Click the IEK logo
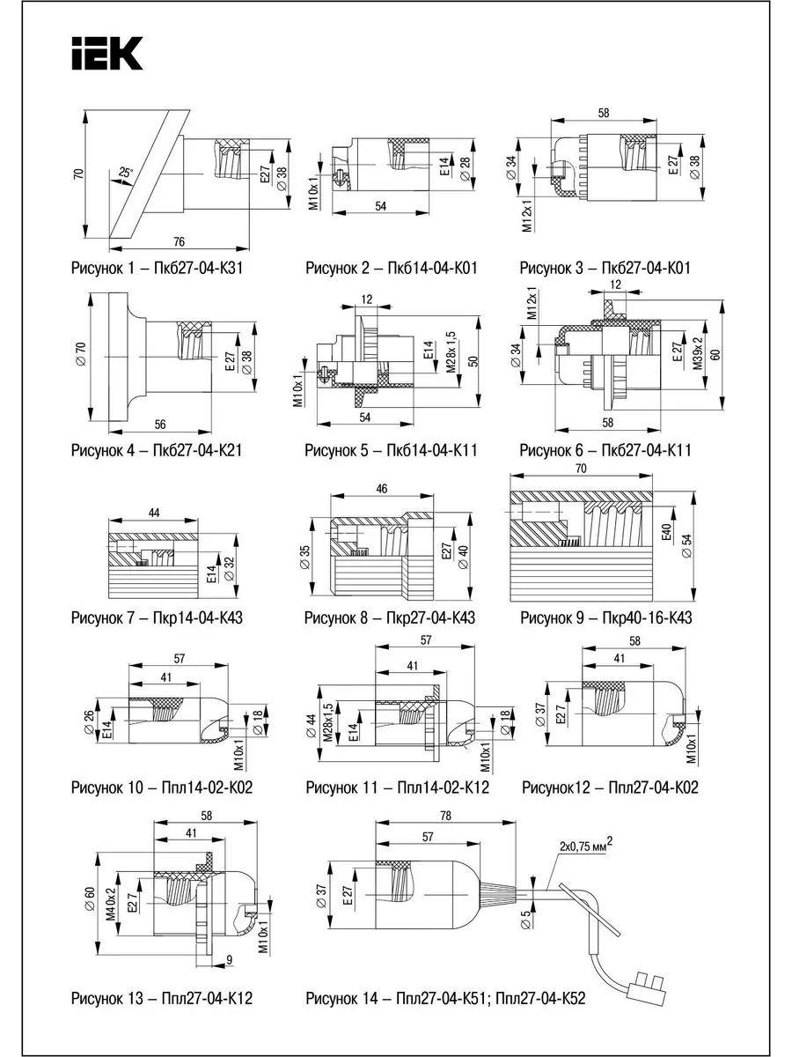(x=107, y=54)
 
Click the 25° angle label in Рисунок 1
(x=125, y=172)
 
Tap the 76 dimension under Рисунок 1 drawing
(x=179, y=241)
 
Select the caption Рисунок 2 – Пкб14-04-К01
(x=392, y=269)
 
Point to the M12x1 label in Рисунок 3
(x=528, y=216)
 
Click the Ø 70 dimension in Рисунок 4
(x=81, y=353)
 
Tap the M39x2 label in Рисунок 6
(x=698, y=353)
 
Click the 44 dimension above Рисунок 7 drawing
(x=153, y=513)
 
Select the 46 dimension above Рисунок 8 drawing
(x=381, y=488)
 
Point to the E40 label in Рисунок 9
(x=666, y=532)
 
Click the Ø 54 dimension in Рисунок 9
(x=687, y=546)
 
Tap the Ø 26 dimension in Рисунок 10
(x=89, y=722)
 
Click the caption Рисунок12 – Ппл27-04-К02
(x=610, y=787)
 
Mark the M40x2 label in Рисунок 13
(x=111, y=904)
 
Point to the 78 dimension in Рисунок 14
(x=446, y=816)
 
